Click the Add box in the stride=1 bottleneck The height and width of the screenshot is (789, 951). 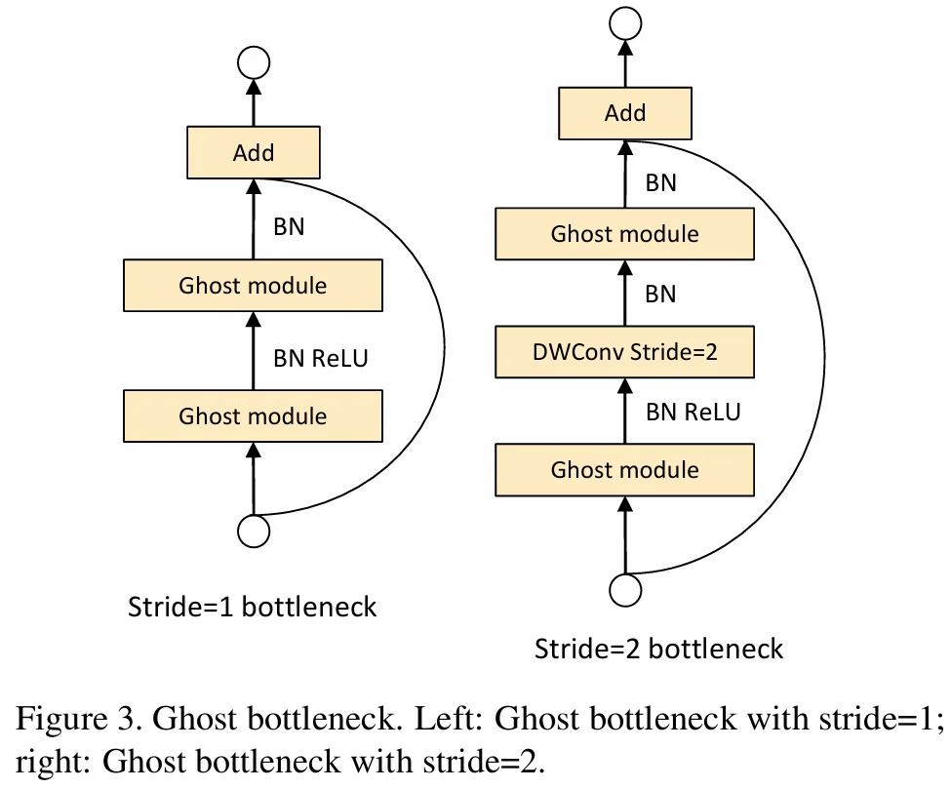click(x=254, y=152)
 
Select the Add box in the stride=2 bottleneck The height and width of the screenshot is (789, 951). click(x=624, y=113)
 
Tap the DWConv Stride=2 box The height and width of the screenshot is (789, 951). click(x=624, y=352)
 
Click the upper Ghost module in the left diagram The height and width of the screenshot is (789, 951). click(x=253, y=286)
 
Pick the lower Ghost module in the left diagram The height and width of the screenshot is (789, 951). click(x=253, y=416)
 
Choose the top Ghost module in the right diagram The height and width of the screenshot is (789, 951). click(x=624, y=234)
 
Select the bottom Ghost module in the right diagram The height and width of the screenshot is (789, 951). click(x=624, y=470)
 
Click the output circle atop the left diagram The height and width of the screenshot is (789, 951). click(x=254, y=62)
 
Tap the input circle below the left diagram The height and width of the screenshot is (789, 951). click(x=254, y=532)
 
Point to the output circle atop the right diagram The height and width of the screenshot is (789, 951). click(x=625, y=23)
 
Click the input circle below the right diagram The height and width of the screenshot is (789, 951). click(x=625, y=589)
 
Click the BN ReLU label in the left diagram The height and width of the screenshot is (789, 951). click(x=320, y=359)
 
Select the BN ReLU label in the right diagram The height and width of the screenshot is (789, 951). click(x=693, y=413)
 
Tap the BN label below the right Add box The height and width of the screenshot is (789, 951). click(x=660, y=183)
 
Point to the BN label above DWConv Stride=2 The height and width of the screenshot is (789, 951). click(x=660, y=295)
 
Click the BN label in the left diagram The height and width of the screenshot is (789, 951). click(x=289, y=227)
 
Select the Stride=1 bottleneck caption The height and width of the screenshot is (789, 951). click(x=252, y=607)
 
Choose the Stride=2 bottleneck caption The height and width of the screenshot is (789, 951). click(x=658, y=649)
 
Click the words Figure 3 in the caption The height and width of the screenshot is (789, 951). click(x=78, y=719)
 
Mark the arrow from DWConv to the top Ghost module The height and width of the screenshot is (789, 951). click(x=625, y=293)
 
